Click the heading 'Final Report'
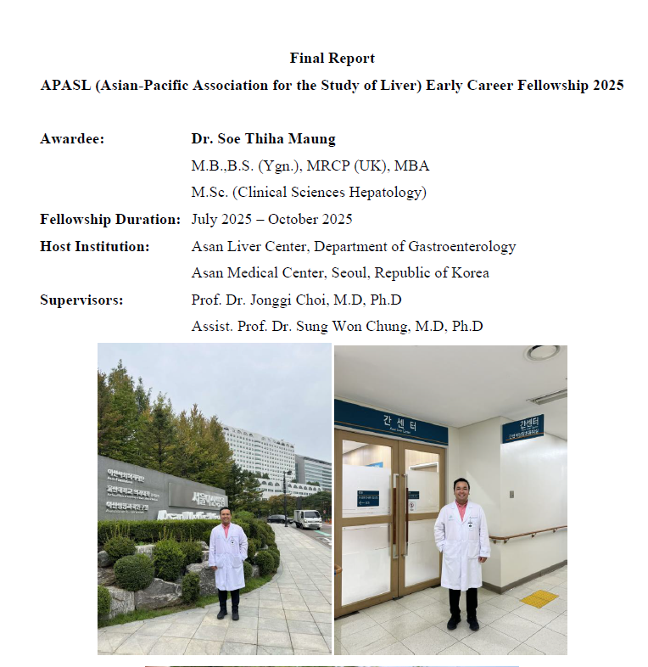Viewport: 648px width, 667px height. click(332, 59)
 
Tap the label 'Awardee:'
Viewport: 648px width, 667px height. click(72, 138)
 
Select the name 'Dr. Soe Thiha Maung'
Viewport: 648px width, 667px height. click(262, 138)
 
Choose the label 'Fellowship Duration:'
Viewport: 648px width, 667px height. click(109, 219)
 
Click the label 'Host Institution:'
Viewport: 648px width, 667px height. click(94, 246)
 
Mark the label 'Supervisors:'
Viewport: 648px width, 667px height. click(81, 300)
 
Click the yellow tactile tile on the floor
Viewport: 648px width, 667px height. click(539, 598)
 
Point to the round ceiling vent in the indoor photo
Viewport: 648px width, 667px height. click(541, 352)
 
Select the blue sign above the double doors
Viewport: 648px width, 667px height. click(391, 422)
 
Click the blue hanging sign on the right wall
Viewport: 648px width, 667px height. click(522, 429)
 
